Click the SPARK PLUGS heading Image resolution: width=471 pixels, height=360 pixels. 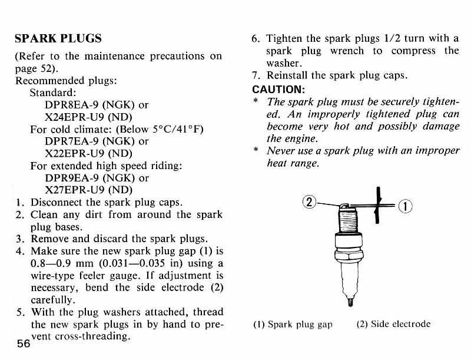tap(58, 39)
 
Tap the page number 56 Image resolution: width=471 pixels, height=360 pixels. tap(23, 345)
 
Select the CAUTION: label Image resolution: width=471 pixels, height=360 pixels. tap(278, 90)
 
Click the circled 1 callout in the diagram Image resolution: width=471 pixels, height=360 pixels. tap(407, 206)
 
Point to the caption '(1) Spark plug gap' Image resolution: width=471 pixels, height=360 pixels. tap(293, 324)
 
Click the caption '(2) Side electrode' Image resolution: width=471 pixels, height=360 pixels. tap(394, 324)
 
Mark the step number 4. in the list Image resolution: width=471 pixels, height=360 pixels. tap(19, 252)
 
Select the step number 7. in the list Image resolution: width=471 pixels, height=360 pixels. tap(256, 76)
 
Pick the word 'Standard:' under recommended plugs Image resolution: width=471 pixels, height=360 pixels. tap(54, 93)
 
